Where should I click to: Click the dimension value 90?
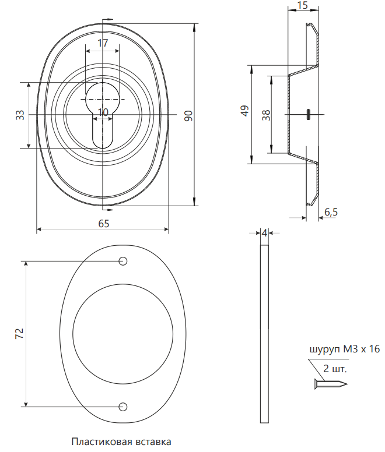[188, 115]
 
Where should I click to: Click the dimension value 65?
[104, 224]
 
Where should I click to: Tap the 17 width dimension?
[103, 43]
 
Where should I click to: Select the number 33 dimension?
[20, 115]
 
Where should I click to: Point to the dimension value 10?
[103, 112]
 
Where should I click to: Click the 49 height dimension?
[245, 111]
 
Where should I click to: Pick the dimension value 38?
[266, 115]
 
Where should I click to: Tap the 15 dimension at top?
[303, 5]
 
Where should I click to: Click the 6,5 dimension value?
[331, 212]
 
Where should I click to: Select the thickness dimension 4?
[265, 232]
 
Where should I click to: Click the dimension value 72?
[20, 334]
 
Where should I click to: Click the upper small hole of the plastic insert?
[123, 261]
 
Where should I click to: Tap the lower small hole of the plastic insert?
[123, 407]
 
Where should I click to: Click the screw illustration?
[331, 384]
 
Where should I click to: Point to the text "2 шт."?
[335, 369]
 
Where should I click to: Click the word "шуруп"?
[325, 350]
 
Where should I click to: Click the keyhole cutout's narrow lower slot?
[103, 131]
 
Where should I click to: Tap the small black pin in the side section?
[308, 114]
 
